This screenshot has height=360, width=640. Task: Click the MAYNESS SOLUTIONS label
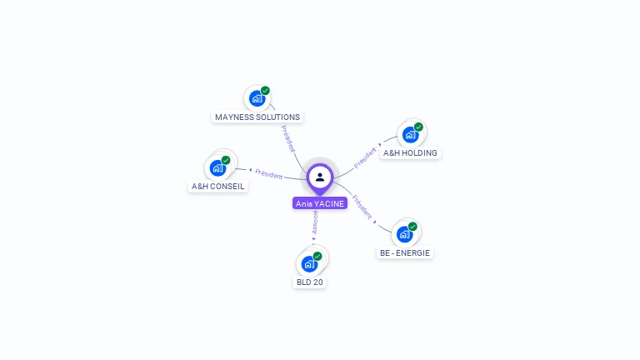pyautogui.click(x=257, y=117)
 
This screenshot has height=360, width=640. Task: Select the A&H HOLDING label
pyautogui.click(x=410, y=153)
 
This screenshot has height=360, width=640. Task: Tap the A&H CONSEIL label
pyautogui.click(x=218, y=187)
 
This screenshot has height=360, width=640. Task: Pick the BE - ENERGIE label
pyautogui.click(x=405, y=252)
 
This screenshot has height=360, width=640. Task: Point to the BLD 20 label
pyautogui.click(x=310, y=282)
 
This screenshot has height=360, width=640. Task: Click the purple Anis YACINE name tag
pyautogui.click(x=320, y=203)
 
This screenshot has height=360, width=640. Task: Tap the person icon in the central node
pyautogui.click(x=320, y=177)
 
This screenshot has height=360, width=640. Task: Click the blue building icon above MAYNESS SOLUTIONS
pyautogui.click(x=257, y=98)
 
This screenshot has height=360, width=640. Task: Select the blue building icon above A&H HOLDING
pyautogui.click(x=409, y=134)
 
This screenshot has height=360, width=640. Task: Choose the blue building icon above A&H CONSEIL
pyautogui.click(x=217, y=167)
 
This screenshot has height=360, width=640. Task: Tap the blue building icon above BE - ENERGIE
pyautogui.click(x=404, y=234)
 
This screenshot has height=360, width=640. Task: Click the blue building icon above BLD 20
pyautogui.click(x=309, y=263)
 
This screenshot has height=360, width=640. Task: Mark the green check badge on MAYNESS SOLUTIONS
pyautogui.click(x=265, y=91)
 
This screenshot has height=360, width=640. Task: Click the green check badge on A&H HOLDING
pyautogui.click(x=418, y=127)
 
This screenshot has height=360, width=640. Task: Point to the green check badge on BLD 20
pyautogui.click(x=317, y=256)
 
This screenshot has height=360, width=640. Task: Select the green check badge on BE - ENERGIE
pyautogui.click(x=412, y=227)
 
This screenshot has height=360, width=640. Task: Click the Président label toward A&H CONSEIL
pyautogui.click(x=268, y=174)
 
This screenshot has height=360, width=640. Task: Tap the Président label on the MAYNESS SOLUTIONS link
pyautogui.click(x=288, y=139)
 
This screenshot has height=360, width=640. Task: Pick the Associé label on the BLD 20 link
pyautogui.click(x=315, y=222)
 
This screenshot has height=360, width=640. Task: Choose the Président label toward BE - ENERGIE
pyautogui.click(x=362, y=207)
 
